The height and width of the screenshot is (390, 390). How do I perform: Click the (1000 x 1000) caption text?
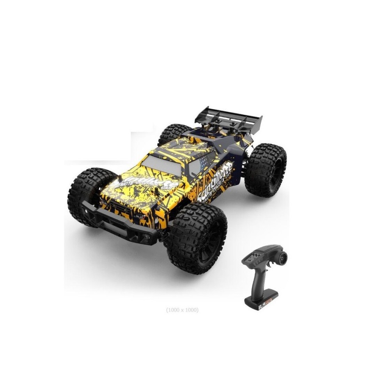pyautogui.click(x=182, y=310)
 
